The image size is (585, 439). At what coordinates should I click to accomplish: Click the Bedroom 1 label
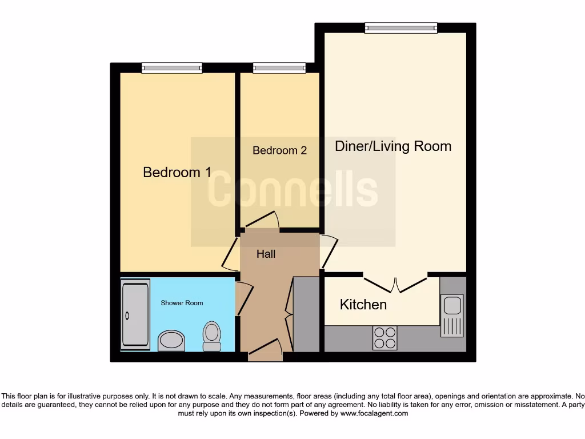[x=177, y=172]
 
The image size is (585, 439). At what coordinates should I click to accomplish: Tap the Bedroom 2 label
[x=279, y=150]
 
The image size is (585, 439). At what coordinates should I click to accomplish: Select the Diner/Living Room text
[x=392, y=146]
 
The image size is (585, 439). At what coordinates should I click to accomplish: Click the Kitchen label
[x=363, y=305]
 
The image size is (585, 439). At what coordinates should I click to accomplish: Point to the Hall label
[x=266, y=254]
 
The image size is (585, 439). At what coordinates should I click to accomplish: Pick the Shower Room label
[x=182, y=303]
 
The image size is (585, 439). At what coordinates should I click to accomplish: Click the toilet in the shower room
[x=212, y=336]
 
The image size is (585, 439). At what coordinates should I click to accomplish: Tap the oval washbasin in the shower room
[x=171, y=341]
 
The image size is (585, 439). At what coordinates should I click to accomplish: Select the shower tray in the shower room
[x=135, y=314]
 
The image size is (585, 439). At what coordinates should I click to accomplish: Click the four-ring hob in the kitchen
[x=384, y=337]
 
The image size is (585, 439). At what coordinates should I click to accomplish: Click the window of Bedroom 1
[x=172, y=68]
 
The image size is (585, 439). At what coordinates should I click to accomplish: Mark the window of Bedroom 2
[x=279, y=68]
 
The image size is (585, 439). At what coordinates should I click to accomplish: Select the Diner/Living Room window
[x=401, y=28]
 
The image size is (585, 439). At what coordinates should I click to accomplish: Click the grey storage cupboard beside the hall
[x=306, y=314]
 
